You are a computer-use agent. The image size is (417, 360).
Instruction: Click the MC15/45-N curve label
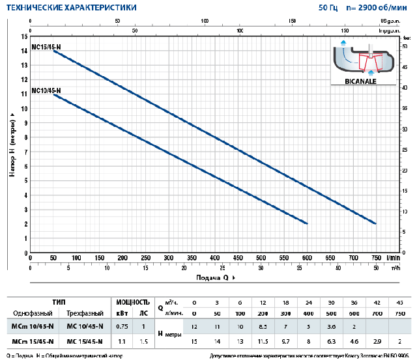[46, 46]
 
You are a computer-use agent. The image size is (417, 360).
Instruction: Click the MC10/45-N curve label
[46, 90]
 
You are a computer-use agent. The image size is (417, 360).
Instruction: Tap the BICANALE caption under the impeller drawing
[365, 81]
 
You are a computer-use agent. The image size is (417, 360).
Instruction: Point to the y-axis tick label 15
[24, 37]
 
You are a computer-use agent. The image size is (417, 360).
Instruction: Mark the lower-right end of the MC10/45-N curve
[306, 223]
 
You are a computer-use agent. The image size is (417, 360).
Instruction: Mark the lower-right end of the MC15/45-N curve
[376, 223]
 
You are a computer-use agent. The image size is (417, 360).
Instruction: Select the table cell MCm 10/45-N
[33, 326]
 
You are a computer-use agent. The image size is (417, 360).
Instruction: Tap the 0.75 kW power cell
[122, 326]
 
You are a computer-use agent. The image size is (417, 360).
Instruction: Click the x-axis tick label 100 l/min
[77, 258]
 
